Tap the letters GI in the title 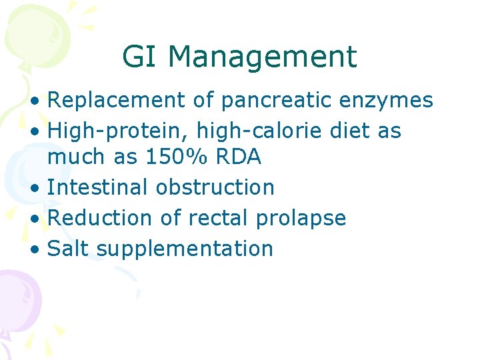coord(141,57)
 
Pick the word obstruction coord(215,187)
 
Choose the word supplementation coord(185,248)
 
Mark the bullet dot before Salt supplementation coord(39,249)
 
